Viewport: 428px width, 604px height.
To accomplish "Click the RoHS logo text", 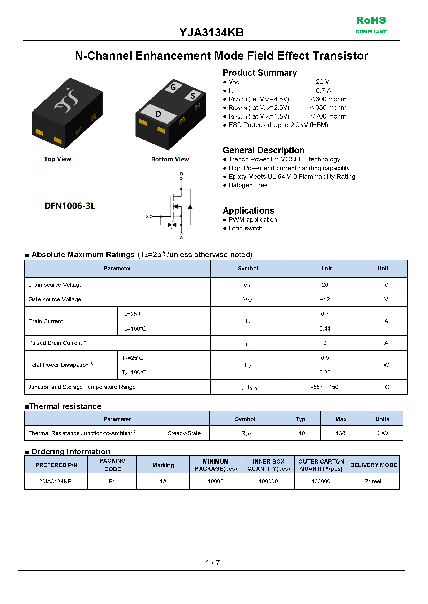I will [x=371, y=21].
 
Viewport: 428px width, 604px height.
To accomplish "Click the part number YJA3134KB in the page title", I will [x=212, y=33].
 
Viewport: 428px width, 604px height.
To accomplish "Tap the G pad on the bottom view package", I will [x=173, y=87].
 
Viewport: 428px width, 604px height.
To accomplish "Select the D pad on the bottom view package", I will [x=158, y=114].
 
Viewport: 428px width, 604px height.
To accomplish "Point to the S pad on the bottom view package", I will [x=193, y=96].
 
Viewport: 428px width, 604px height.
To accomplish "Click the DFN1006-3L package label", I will [x=70, y=206].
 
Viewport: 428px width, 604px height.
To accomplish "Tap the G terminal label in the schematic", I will [x=147, y=216].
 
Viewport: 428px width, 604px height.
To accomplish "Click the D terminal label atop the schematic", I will [x=181, y=174].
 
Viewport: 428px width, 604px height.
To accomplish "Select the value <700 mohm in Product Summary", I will [x=328, y=116].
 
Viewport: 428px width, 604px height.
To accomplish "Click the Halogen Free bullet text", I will [x=248, y=185].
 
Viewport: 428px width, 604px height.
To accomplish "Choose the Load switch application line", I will [x=245, y=228].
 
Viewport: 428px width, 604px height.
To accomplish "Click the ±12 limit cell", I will [x=325, y=299].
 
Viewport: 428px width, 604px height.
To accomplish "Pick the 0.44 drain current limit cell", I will [x=325, y=328].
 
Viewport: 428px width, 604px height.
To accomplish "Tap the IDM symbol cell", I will [x=248, y=343].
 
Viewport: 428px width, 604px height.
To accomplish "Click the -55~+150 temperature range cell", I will [x=325, y=387].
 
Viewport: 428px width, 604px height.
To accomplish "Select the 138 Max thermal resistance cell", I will [x=340, y=433].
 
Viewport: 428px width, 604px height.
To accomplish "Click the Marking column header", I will [x=163, y=465].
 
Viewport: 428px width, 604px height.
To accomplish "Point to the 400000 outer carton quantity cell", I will [x=321, y=482].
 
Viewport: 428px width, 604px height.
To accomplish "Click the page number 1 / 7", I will [x=213, y=563].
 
